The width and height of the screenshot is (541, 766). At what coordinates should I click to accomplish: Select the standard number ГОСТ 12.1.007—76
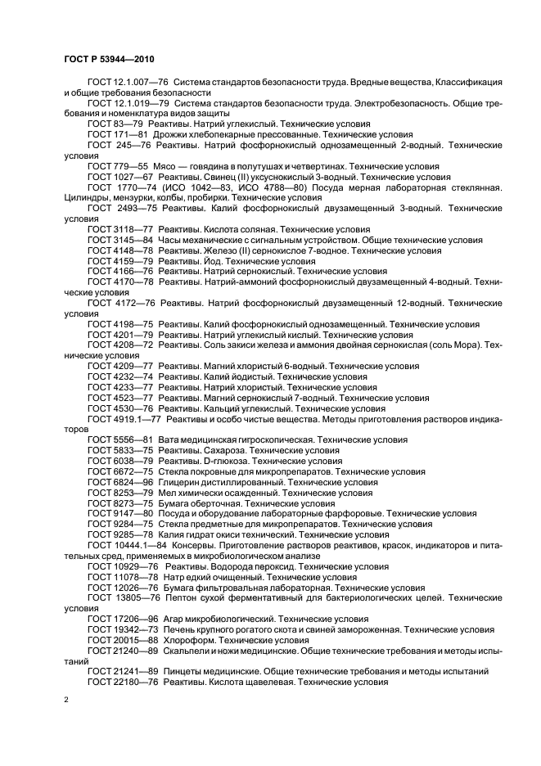[120, 83]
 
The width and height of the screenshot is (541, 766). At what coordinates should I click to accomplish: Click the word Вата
[170, 439]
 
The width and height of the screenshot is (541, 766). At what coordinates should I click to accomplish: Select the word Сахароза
[223, 450]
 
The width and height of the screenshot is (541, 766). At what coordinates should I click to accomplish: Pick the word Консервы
[191, 545]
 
